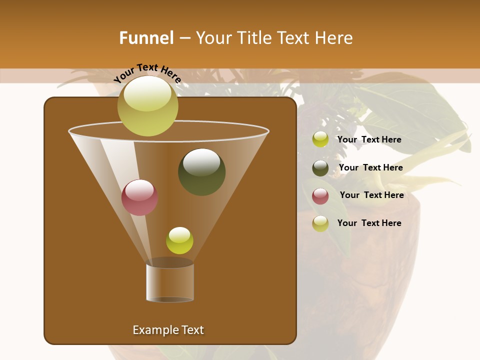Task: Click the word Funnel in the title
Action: click(x=146, y=38)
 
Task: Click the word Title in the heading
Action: click(x=255, y=38)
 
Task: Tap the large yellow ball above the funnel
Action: click(x=147, y=105)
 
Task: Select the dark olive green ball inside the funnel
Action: click(x=201, y=171)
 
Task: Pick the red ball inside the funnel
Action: click(x=139, y=197)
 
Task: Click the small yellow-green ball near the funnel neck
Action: click(x=179, y=240)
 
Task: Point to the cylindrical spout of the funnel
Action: click(x=169, y=282)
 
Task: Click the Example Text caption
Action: click(x=168, y=330)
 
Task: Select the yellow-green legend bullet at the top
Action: click(x=320, y=139)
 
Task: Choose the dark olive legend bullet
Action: click(x=320, y=168)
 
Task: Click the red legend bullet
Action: click(x=320, y=196)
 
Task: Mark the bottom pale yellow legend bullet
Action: click(x=320, y=223)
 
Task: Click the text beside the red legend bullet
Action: click(x=371, y=195)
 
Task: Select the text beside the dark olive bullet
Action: click(x=370, y=167)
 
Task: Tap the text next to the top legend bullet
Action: click(x=369, y=139)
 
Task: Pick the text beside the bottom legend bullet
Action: click(x=369, y=223)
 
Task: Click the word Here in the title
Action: click(x=334, y=38)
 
